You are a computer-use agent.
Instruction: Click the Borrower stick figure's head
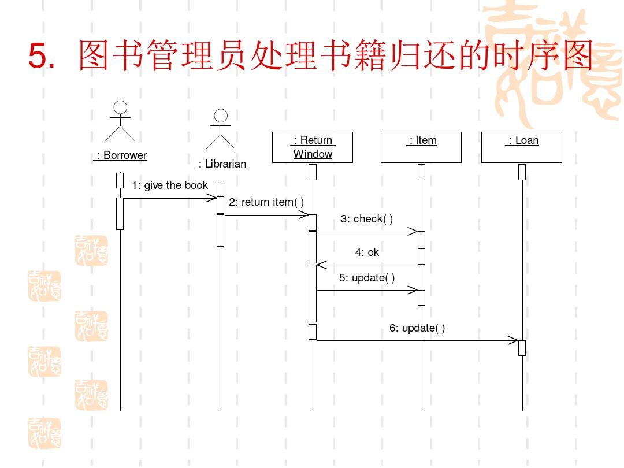(120, 107)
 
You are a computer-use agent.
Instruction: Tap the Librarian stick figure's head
(221, 116)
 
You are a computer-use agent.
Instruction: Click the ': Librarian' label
(221, 164)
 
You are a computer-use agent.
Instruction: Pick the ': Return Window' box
(313, 147)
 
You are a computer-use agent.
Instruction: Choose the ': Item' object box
(421, 147)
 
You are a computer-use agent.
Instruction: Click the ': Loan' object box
(522, 147)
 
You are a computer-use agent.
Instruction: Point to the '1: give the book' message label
(169, 185)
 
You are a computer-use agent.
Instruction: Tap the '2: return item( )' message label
(266, 202)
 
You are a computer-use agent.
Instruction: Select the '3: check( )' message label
(366, 219)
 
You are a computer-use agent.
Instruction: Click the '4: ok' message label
(367, 252)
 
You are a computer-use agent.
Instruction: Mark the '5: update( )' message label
(367, 278)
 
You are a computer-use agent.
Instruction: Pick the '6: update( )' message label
(417, 328)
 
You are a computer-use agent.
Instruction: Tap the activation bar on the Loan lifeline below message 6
(522, 348)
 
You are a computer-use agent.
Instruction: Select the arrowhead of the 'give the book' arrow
(211, 199)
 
